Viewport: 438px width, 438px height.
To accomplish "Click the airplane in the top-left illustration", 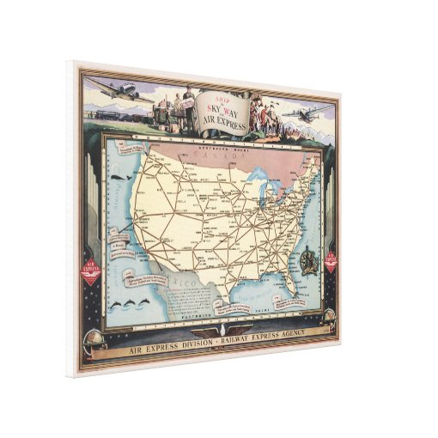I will tap(117, 88).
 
